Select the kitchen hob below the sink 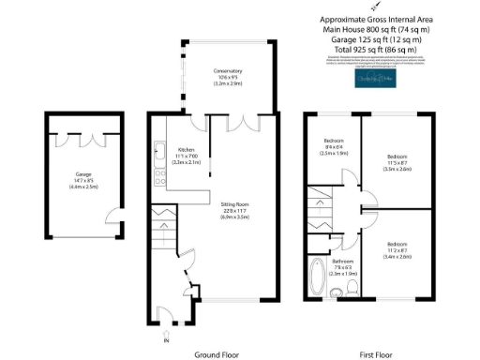pyautogui.click(x=157, y=172)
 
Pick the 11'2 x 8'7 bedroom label pyautogui.click(x=397, y=250)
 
